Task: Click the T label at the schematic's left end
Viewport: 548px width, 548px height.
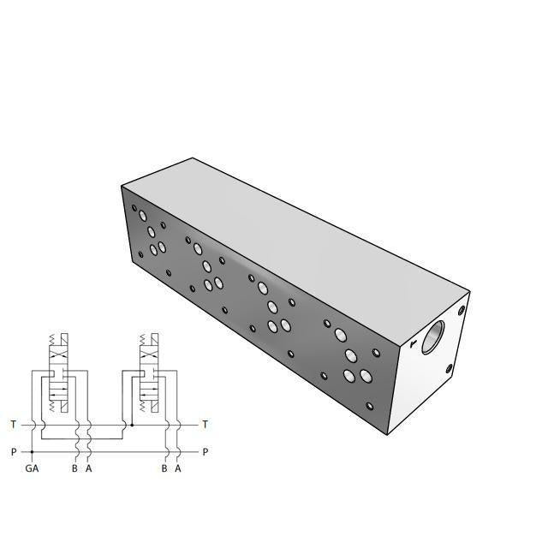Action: click(13, 424)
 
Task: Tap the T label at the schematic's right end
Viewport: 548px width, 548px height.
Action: click(204, 424)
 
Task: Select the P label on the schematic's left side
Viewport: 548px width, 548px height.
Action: click(13, 451)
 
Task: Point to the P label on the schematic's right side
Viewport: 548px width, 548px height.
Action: click(204, 451)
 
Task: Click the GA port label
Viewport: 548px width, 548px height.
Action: click(32, 468)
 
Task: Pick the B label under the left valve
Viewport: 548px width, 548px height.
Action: click(75, 468)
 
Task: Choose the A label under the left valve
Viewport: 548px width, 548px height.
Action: click(88, 468)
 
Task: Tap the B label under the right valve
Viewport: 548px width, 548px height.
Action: click(164, 468)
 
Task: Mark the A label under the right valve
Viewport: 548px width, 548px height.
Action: click(177, 468)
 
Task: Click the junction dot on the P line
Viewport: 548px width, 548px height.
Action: click(32, 451)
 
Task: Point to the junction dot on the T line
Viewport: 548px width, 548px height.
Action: click(131, 424)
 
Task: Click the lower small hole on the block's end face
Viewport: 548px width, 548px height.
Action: click(449, 369)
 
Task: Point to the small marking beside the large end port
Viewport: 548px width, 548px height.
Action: click(413, 344)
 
